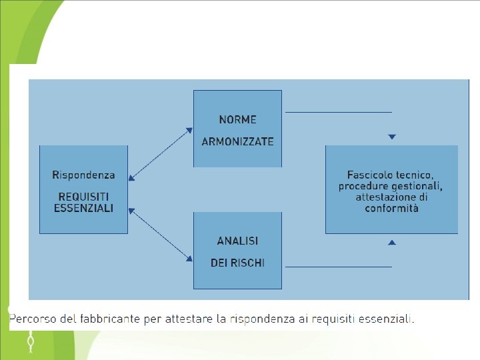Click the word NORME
237,120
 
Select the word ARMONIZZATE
237,141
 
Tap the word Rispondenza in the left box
83,175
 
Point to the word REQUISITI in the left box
83,197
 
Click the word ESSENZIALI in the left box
83,207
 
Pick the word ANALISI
237,241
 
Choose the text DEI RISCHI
237,263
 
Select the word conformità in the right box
391,208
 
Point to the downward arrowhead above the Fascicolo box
392,137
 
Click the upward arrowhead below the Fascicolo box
392,242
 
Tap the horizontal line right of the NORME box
338,112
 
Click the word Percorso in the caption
31,319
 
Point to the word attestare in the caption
190,319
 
